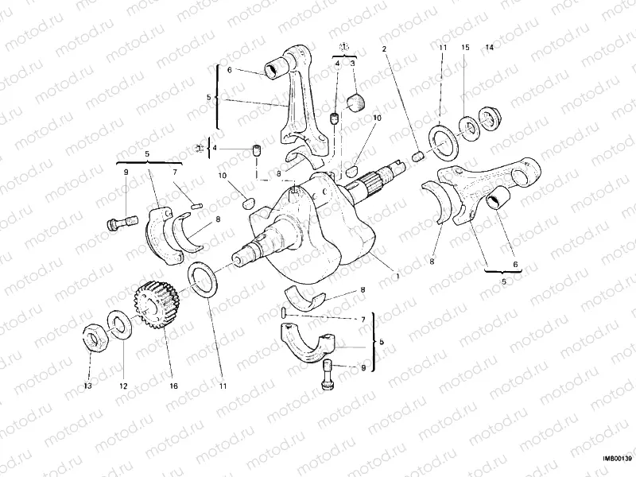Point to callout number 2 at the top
click(x=384, y=49)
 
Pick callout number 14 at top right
click(x=490, y=48)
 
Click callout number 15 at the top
click(x=466, y=48)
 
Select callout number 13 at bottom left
click(x=88, y=386)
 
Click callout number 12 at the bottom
click(x=123, y=386)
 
